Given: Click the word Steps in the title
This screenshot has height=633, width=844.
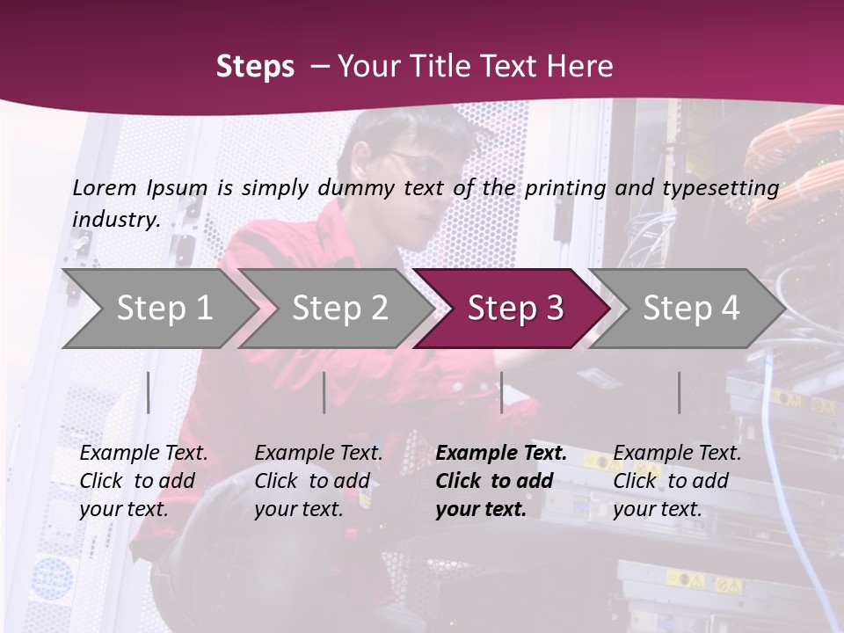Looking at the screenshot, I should pos(255,66).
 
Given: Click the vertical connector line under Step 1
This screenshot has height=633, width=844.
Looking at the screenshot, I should pos(149,392).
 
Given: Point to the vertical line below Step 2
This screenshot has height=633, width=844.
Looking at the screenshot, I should pos(324,392).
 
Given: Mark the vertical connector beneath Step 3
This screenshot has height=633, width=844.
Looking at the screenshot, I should pos(501,392).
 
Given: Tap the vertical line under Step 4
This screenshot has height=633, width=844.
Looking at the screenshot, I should pos(679,392).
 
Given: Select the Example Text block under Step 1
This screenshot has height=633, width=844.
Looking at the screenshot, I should pos(143,481).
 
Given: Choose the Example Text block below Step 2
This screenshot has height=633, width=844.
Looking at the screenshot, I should pos(318,481).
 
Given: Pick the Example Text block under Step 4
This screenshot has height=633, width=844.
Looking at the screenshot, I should pos(677,481).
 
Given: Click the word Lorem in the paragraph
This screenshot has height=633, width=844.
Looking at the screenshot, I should pos(105,187).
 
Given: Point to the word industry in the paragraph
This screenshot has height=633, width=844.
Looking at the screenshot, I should pos(115,219).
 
